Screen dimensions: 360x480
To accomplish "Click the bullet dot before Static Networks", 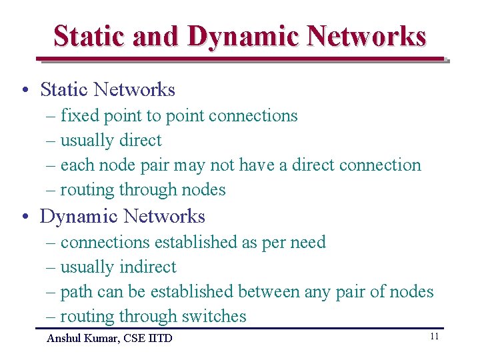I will (24, 90).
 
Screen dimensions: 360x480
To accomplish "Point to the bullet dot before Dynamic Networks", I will (24, 217).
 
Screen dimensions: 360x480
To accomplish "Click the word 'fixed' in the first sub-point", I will (79, 115).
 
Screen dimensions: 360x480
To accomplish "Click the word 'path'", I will (76, 291).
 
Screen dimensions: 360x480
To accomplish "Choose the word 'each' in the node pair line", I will (76, 165).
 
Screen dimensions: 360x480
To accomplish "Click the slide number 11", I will (434, 337).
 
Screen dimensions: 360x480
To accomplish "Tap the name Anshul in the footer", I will (64, 339).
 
